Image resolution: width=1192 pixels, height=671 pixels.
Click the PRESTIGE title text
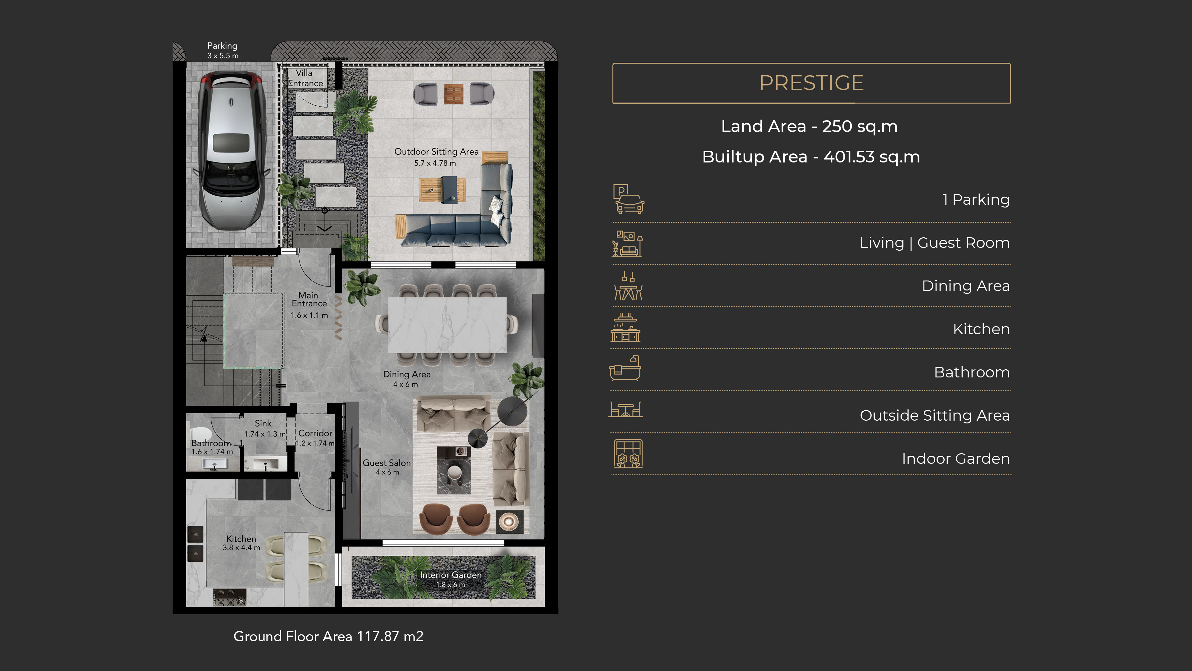811,83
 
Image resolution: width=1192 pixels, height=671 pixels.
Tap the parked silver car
230,150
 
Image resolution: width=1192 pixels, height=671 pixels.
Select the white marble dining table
447,325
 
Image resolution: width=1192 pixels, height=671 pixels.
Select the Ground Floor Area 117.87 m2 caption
328,636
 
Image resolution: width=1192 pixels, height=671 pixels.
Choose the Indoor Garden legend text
955,459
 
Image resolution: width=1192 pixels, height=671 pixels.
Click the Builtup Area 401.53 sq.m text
811,157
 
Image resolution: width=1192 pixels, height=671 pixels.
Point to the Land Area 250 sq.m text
809,126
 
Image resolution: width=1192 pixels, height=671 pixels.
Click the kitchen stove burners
230,597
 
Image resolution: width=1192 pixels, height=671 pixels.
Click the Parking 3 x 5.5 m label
223,50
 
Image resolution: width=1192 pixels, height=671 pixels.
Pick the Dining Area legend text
966,286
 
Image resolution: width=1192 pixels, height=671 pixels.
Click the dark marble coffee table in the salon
454,470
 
